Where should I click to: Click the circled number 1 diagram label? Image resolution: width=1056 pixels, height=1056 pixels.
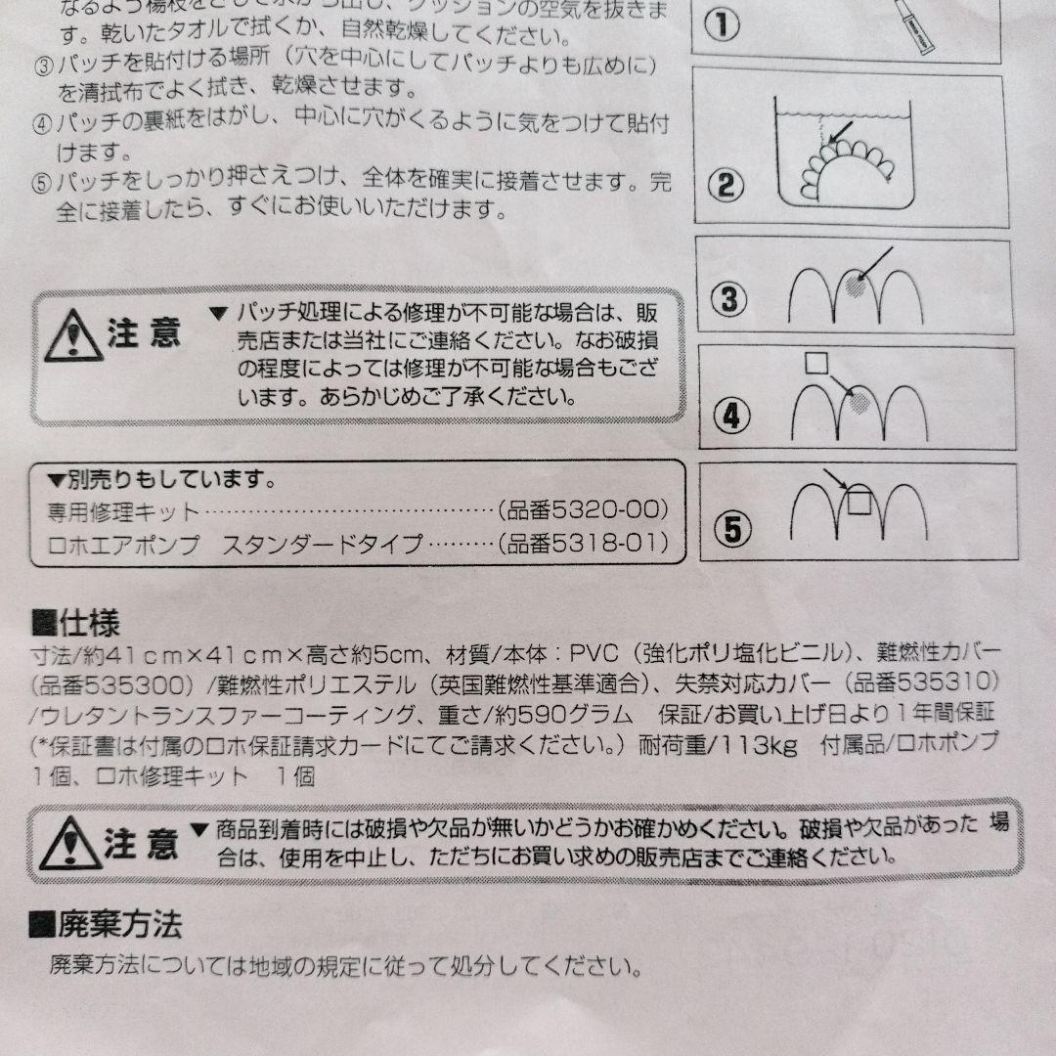tap(721, 24)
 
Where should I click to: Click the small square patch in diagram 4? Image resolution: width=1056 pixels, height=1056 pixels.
tap(815, 364)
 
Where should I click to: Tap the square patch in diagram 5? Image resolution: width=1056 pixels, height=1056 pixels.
tap(858, 502)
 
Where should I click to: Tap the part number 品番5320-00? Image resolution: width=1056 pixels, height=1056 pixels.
tap(585, 510)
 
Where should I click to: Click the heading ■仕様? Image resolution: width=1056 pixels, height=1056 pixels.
tap(75, 622)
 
